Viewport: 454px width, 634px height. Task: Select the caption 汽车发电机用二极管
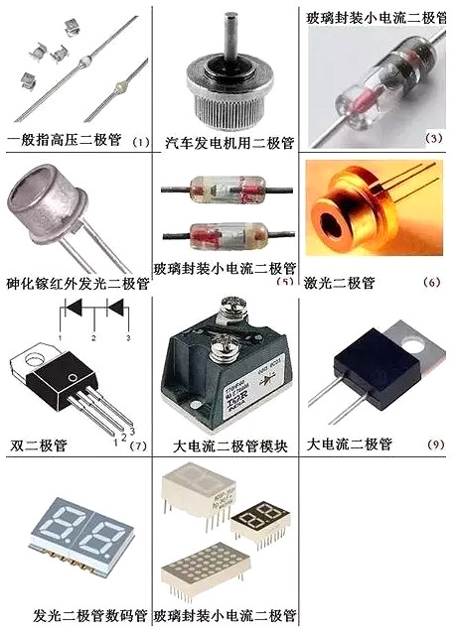point(228,142)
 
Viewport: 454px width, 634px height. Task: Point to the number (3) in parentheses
point(433,138)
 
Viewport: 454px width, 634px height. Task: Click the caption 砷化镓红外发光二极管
point(76,284)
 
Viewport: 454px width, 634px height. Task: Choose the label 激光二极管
point(341,284)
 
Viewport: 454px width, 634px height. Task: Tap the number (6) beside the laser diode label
point(431,283)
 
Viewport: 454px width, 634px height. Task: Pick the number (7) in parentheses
point(137,445)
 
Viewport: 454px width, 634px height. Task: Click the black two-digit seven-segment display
point(260,519)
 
